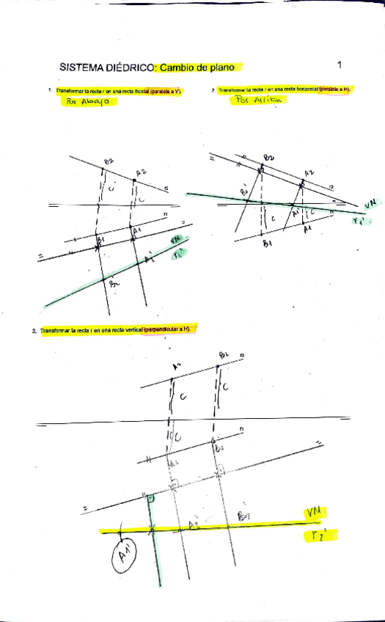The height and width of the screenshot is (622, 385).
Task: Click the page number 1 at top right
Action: click(x=340, y=65)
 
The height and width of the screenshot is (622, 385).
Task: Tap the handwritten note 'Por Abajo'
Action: click(x=87, y=102)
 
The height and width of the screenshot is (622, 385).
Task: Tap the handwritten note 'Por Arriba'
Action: click(x=254, y=101)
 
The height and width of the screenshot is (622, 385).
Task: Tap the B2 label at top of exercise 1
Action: click(x=109, y=161)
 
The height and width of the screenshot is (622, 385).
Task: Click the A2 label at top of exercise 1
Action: click(x=140, y=172)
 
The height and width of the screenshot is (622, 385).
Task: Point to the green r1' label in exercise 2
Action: click(x=360, y=219)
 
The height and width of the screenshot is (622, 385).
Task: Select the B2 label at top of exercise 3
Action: click(x=224, y=356)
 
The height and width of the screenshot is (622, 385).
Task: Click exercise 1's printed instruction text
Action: click(x=118, y=91)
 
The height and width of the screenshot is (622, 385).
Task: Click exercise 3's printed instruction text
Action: click(x=114, y=331)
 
